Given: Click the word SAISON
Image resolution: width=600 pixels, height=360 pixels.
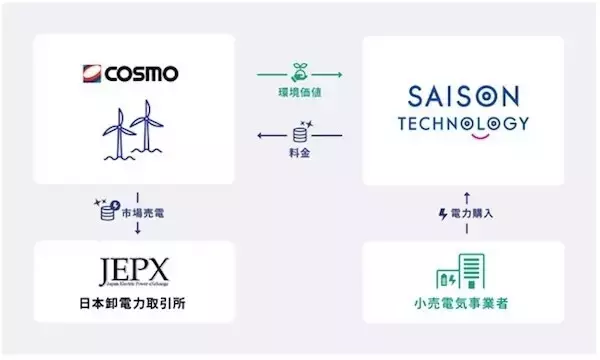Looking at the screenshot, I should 462,98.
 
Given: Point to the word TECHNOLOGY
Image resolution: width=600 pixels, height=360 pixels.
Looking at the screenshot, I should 462,124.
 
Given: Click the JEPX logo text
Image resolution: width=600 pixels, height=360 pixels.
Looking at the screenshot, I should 133,272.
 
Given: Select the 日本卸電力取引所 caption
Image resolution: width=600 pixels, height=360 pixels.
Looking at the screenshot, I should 133,302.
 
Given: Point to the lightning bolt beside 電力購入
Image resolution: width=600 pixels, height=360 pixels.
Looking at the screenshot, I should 443,213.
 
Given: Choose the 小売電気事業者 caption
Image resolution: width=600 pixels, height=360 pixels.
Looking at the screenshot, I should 461,302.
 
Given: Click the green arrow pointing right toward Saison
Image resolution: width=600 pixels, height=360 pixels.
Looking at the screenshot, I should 299,77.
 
